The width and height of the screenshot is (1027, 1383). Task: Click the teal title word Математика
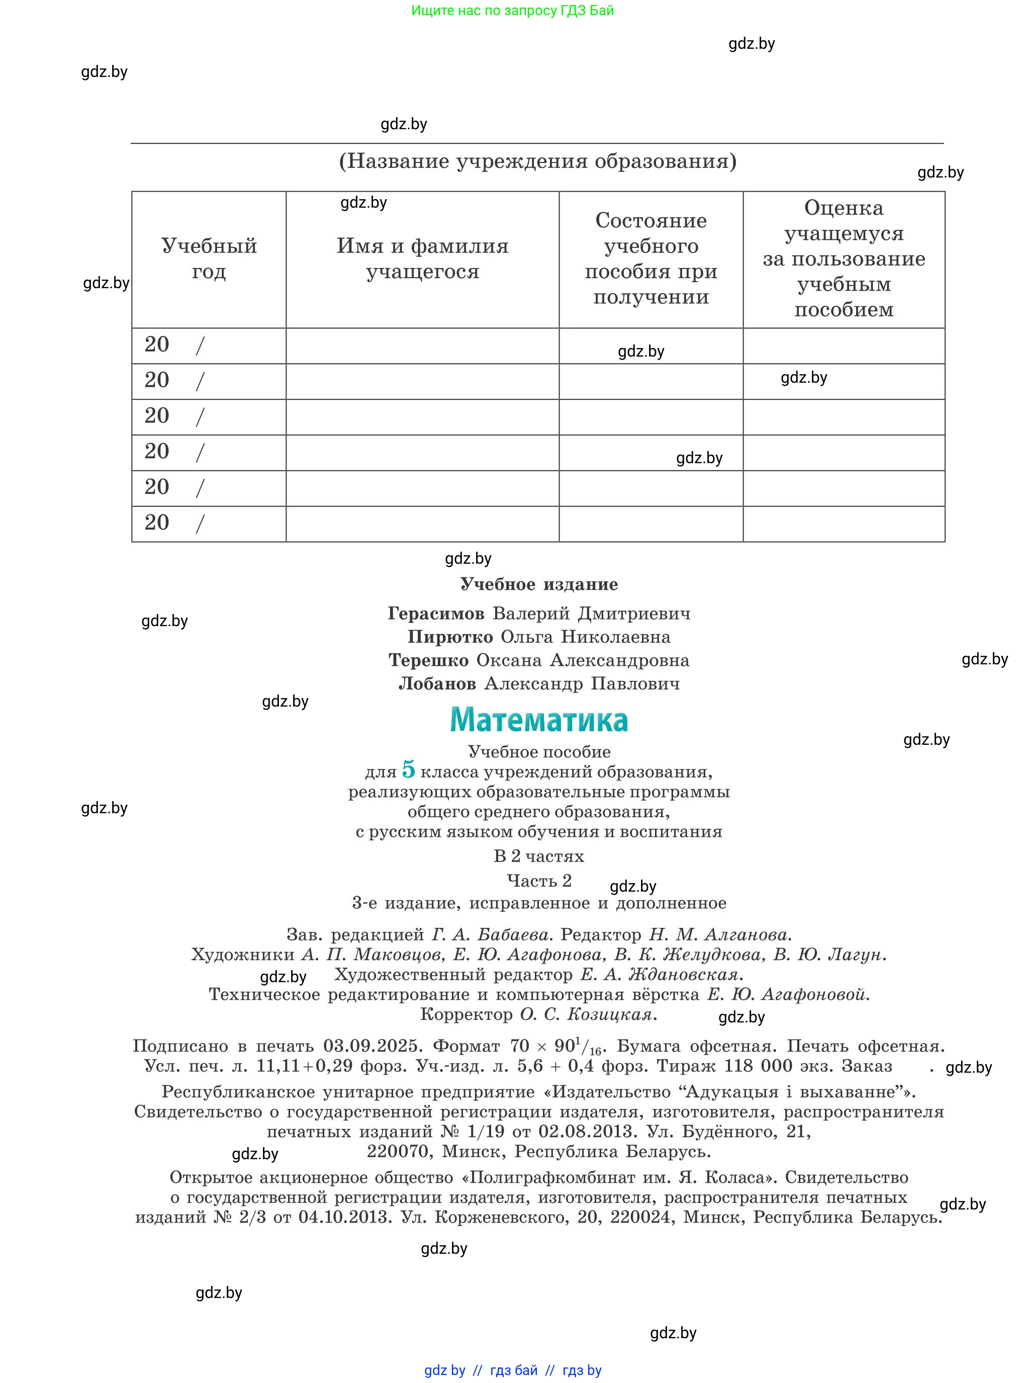pos(538,720)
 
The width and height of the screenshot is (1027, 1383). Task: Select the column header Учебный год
pos(209,258)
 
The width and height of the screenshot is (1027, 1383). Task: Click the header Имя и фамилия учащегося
pos(422,258)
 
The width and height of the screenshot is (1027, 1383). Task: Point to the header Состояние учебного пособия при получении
pos(651,258)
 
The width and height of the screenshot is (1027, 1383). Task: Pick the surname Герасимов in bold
pos(436,614)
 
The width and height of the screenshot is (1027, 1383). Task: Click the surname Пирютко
pos(450,637)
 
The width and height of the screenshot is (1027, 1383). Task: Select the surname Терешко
pos(428,660)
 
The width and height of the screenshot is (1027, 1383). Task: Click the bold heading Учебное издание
pos(539,584)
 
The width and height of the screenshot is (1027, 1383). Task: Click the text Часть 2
pos(539,881)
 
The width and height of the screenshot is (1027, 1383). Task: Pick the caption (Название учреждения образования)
pos(538,161)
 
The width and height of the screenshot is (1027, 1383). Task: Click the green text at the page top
pos(512,11)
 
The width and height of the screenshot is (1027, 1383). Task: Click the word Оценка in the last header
pos(844,208)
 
